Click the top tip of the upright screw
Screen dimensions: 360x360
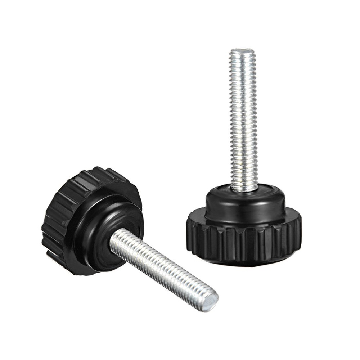pos(242,49)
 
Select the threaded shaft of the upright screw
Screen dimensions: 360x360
pos(244,119)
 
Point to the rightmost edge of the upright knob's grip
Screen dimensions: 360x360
pos(301,230)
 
